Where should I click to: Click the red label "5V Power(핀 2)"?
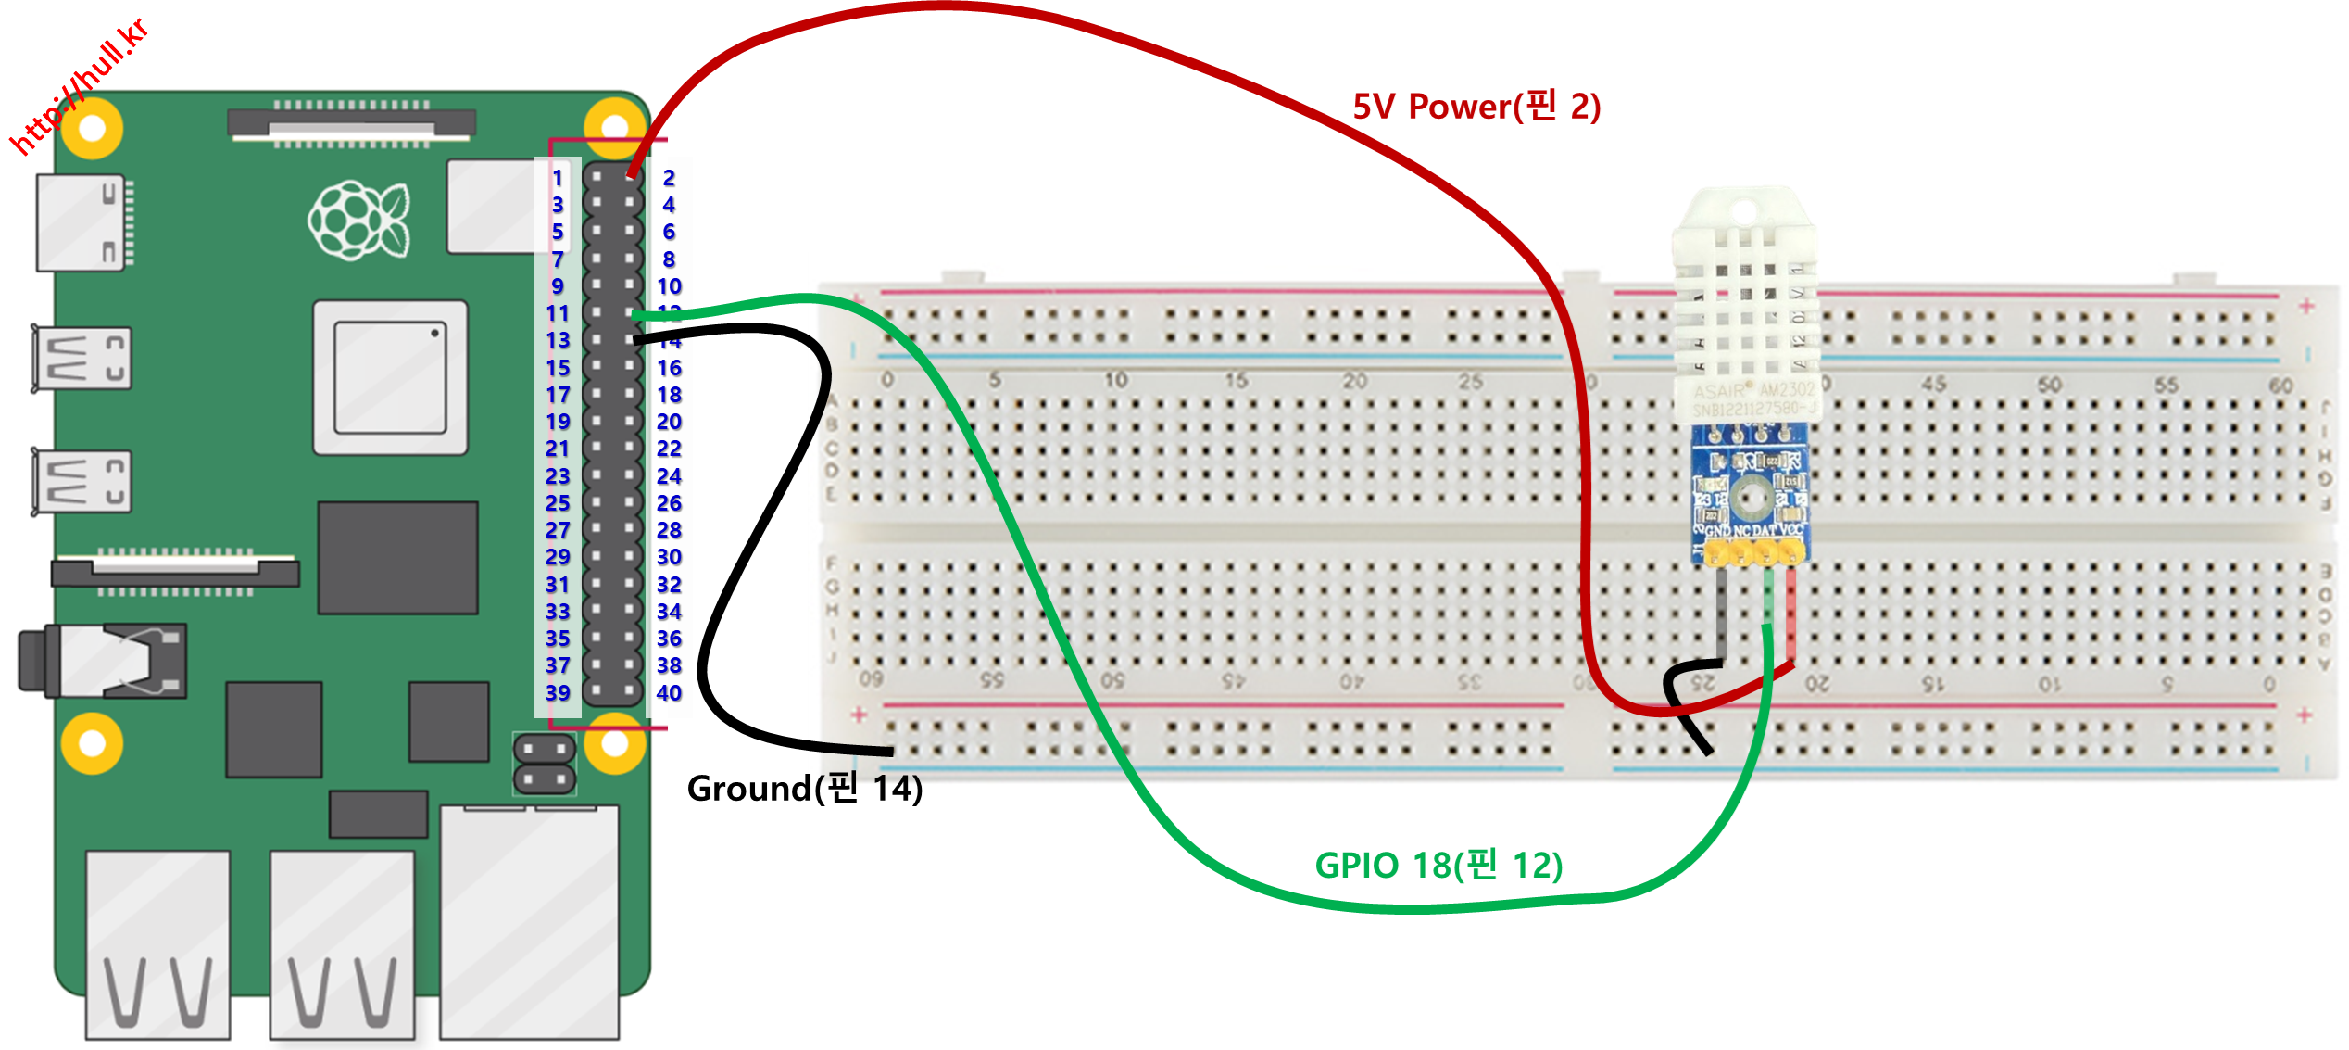(x=1476, y=107)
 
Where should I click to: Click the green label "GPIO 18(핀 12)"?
(x=1438, y=865)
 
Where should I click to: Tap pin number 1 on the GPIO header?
(x=558, y=177)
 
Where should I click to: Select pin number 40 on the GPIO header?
(x=669, y=692)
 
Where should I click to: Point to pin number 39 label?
(x=558, y=692)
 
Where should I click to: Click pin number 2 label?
(x=669, y=177)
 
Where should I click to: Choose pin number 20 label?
(x=669, y=422)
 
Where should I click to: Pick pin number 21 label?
(x=558, y=449)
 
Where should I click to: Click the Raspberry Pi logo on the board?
(x=359, y=221)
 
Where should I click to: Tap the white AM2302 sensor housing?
(x=1745, y=306)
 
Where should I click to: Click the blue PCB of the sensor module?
(x=1750, y=487)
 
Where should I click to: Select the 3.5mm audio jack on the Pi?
(x=102, y=661)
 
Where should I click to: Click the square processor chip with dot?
(x=390, y=377)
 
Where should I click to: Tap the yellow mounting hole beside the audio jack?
(x=92, y=743)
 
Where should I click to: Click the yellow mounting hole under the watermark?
(x=92, y=128)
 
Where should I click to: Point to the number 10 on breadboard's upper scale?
(x=1115, y=380)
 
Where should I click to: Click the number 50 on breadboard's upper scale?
(x=2049, y=384)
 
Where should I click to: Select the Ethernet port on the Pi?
(x=529, y=922)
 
